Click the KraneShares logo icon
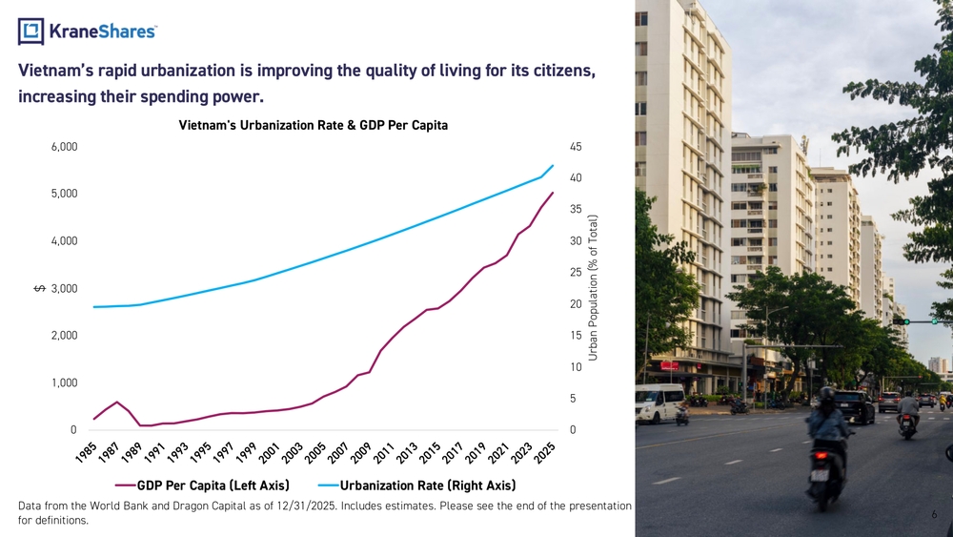[30, 31]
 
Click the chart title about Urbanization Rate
[313, 125]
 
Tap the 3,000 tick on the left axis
[64, 289]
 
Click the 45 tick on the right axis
[575, 147]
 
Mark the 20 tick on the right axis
[575, 304]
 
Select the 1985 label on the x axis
[86, 452]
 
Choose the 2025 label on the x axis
[546, 452]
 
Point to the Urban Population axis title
[593, 287]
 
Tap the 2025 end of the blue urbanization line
[553, 166]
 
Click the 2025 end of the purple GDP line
[553, 193]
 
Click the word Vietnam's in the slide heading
[63, 71]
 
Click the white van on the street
[659, 403]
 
